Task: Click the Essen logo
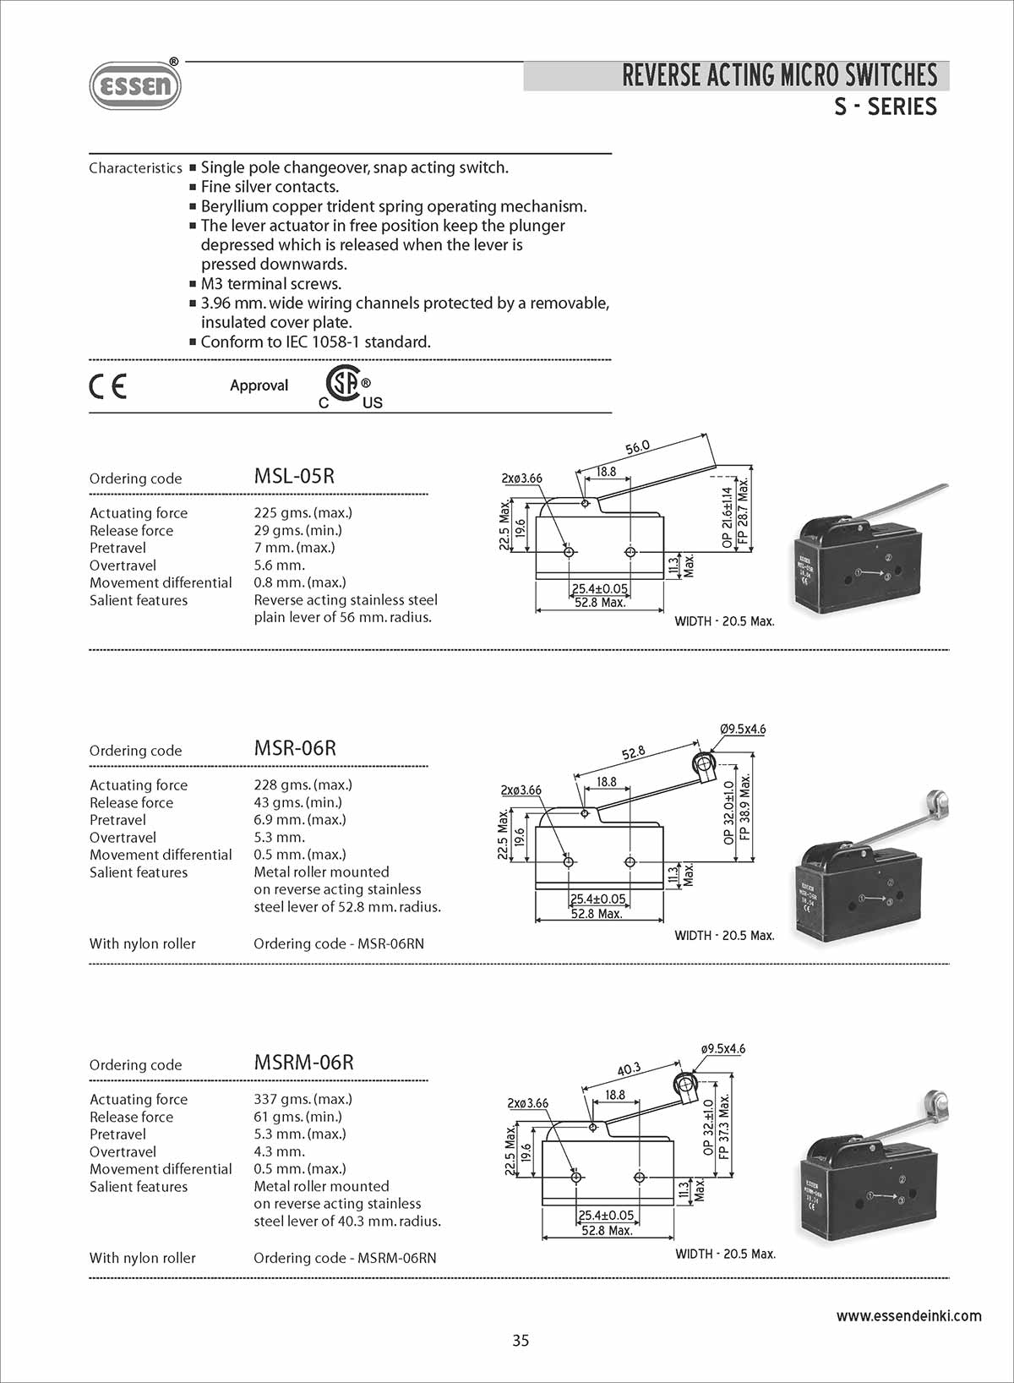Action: [x=135, y=85]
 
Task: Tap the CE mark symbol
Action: [x=107, y=386]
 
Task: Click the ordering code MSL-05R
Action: [x=294, y=476]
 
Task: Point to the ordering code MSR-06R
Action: [x=295, y=748]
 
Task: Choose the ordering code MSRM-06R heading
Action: [x=303, y=1063]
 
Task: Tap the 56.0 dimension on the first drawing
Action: [x=637, y=446]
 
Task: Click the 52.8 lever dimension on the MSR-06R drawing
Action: [x=633, y=752]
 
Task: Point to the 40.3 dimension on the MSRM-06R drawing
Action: [x=629, y=1069]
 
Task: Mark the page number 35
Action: [x=521, y=1340]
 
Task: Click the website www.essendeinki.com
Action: [x=908, y=1315]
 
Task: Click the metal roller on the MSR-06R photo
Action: [x=936, y=800]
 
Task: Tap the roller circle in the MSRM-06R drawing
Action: [x=683, y=1084]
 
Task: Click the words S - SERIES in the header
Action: [x=885, y=107]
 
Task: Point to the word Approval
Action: [x=259, y=385]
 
